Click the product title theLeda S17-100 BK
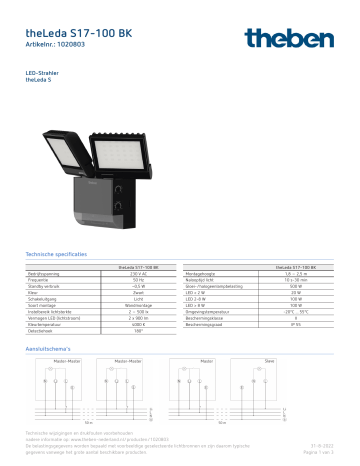[x=78, y=33]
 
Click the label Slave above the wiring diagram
[x=269, y=360]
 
